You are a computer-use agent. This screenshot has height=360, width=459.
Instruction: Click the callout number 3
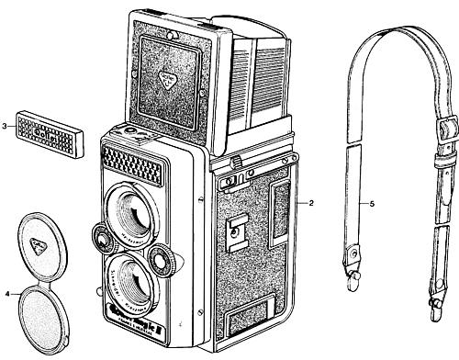[x=6, y=125]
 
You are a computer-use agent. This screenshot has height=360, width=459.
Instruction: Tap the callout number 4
[x=7, y=294]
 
